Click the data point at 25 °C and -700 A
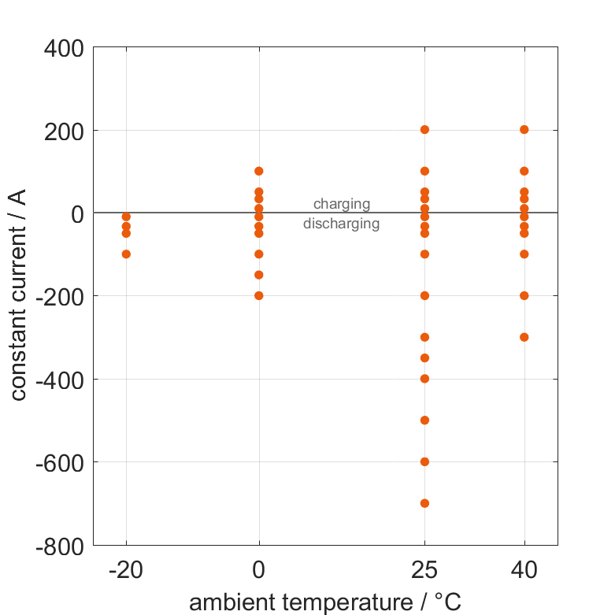click(x=424, y=503)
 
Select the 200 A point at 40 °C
click(x=524, y=130)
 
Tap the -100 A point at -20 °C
click(x=126, y=254)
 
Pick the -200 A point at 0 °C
click(x=258, y=296)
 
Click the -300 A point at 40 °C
click(x=524, y=337)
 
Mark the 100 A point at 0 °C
click(x=258, y=171)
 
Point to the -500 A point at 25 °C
click(x=424, y=420)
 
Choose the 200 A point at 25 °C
click(x=424, y=130)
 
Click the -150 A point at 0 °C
click(x=258, y=275)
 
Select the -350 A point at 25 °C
click(x=424, y=358)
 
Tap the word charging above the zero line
click(x=342, y=205)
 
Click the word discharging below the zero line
click(x=342, y=224)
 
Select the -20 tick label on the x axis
click(x=126, y=570)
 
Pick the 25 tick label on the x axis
click(x=424, y=570)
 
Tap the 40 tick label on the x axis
click(x=524, y=570)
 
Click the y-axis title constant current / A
click(x=19, y=296)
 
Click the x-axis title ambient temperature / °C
click(x=325, y=602)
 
